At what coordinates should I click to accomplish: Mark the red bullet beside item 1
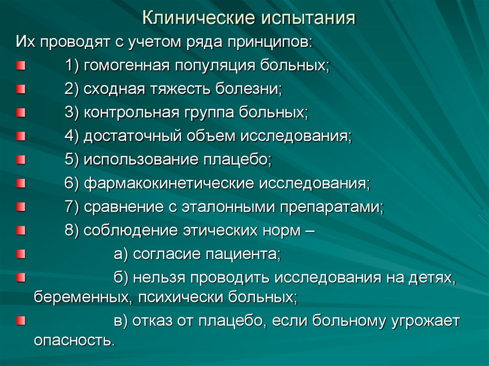20,65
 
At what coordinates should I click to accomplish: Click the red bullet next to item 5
20,159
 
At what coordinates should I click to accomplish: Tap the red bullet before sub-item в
20,320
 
